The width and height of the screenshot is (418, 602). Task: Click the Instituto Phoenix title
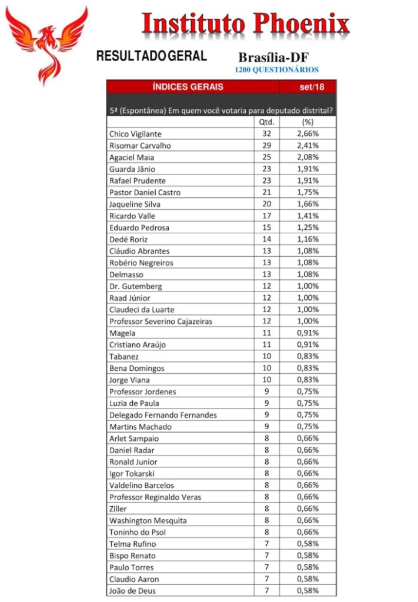click(246, 24)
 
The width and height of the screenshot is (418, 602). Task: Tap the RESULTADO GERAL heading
click(151, 56)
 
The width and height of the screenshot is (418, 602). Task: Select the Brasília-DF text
click(273, 58)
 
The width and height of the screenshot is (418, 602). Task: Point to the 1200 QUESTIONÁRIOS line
click(276, 70)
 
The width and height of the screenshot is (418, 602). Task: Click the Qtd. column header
click(266, 122)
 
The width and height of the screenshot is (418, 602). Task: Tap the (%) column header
click(307, 122)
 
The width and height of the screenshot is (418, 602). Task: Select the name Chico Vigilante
click(135, 134)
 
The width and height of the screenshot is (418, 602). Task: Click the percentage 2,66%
click(307, 134)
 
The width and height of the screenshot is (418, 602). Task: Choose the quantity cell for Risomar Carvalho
click(266, 146)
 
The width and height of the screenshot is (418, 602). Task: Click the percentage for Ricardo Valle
click(307, 216)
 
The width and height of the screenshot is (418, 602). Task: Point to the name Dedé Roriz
click(128, 239)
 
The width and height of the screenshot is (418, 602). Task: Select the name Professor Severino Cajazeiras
click(160, 322)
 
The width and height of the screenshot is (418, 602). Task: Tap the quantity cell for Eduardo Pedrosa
click(266, 228)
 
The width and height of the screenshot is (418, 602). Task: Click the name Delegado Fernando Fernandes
click(163, 415)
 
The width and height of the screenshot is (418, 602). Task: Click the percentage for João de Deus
click(307, 591)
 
